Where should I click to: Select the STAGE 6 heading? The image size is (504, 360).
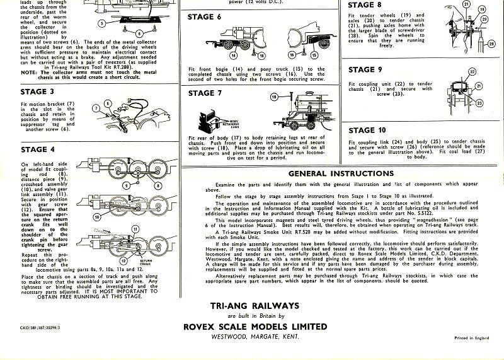tap(205, 16)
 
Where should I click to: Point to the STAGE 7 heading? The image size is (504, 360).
tap(205, 93)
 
